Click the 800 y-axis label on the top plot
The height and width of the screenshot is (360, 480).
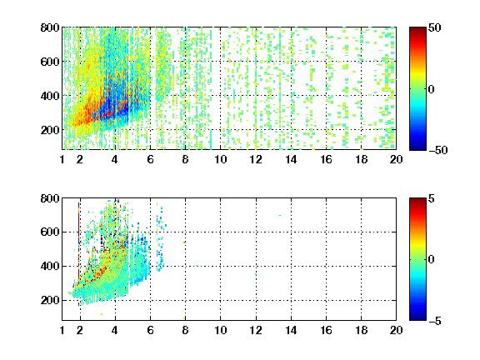[50, 27]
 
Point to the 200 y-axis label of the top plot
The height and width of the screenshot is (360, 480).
[50, 130]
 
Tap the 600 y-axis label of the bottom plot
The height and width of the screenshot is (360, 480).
[50, 232]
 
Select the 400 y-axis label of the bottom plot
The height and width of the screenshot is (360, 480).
[50, 266]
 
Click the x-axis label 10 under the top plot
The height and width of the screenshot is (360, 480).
[220, 159]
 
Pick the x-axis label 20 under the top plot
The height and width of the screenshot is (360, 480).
[396, 159]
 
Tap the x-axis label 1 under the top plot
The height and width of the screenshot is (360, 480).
[62, 159]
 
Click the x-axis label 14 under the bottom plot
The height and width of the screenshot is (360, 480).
[291, 330]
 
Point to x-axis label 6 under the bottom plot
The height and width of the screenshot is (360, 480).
[150, 330]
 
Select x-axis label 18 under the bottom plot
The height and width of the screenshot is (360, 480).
[361, 330]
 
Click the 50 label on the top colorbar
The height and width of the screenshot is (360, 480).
[435, 27]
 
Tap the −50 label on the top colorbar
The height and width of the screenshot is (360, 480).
[438, 150]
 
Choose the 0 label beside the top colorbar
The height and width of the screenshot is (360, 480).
[431, 89]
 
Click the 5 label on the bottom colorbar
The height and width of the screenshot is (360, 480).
[432, 198]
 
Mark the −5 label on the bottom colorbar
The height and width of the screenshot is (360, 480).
[435, 321]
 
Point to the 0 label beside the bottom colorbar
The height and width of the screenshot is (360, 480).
[431, 260]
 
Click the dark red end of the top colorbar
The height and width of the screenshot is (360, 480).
[417, 30]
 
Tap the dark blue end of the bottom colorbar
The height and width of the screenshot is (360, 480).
[417, 317]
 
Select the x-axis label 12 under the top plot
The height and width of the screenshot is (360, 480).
[256, 159]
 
